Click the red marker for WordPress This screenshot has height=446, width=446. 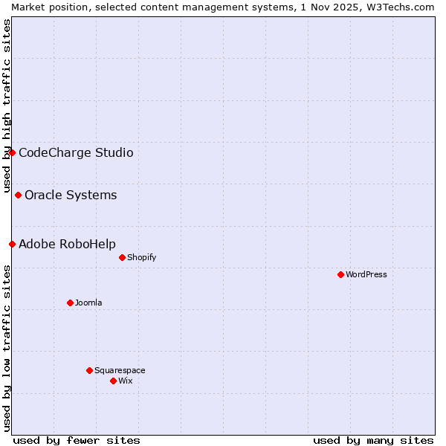[340, 274]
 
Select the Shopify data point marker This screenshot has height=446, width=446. [122, 257]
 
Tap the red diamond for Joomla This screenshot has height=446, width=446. [70, 303]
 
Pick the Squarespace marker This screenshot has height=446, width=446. [89, 370]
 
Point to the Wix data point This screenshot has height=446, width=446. [113, 381]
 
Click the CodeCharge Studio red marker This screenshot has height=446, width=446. [12, 152]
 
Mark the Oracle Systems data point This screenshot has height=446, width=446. [18, 195]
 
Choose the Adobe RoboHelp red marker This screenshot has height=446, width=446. [12, 244]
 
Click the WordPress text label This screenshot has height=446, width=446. [366, 274]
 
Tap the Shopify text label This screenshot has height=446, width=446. [141, 257]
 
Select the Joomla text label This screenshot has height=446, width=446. [88, 303]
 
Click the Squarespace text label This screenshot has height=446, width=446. [120, 370]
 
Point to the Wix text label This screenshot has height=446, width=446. [126, 381]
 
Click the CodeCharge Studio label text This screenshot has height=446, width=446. [76, 153]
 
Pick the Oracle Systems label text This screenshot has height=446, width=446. [71, 195]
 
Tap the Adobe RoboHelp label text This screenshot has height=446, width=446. [67, 245]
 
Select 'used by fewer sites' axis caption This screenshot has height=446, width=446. [77, 440]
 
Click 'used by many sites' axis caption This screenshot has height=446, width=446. [373, 440]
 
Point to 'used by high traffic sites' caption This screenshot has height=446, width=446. [7, 106]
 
